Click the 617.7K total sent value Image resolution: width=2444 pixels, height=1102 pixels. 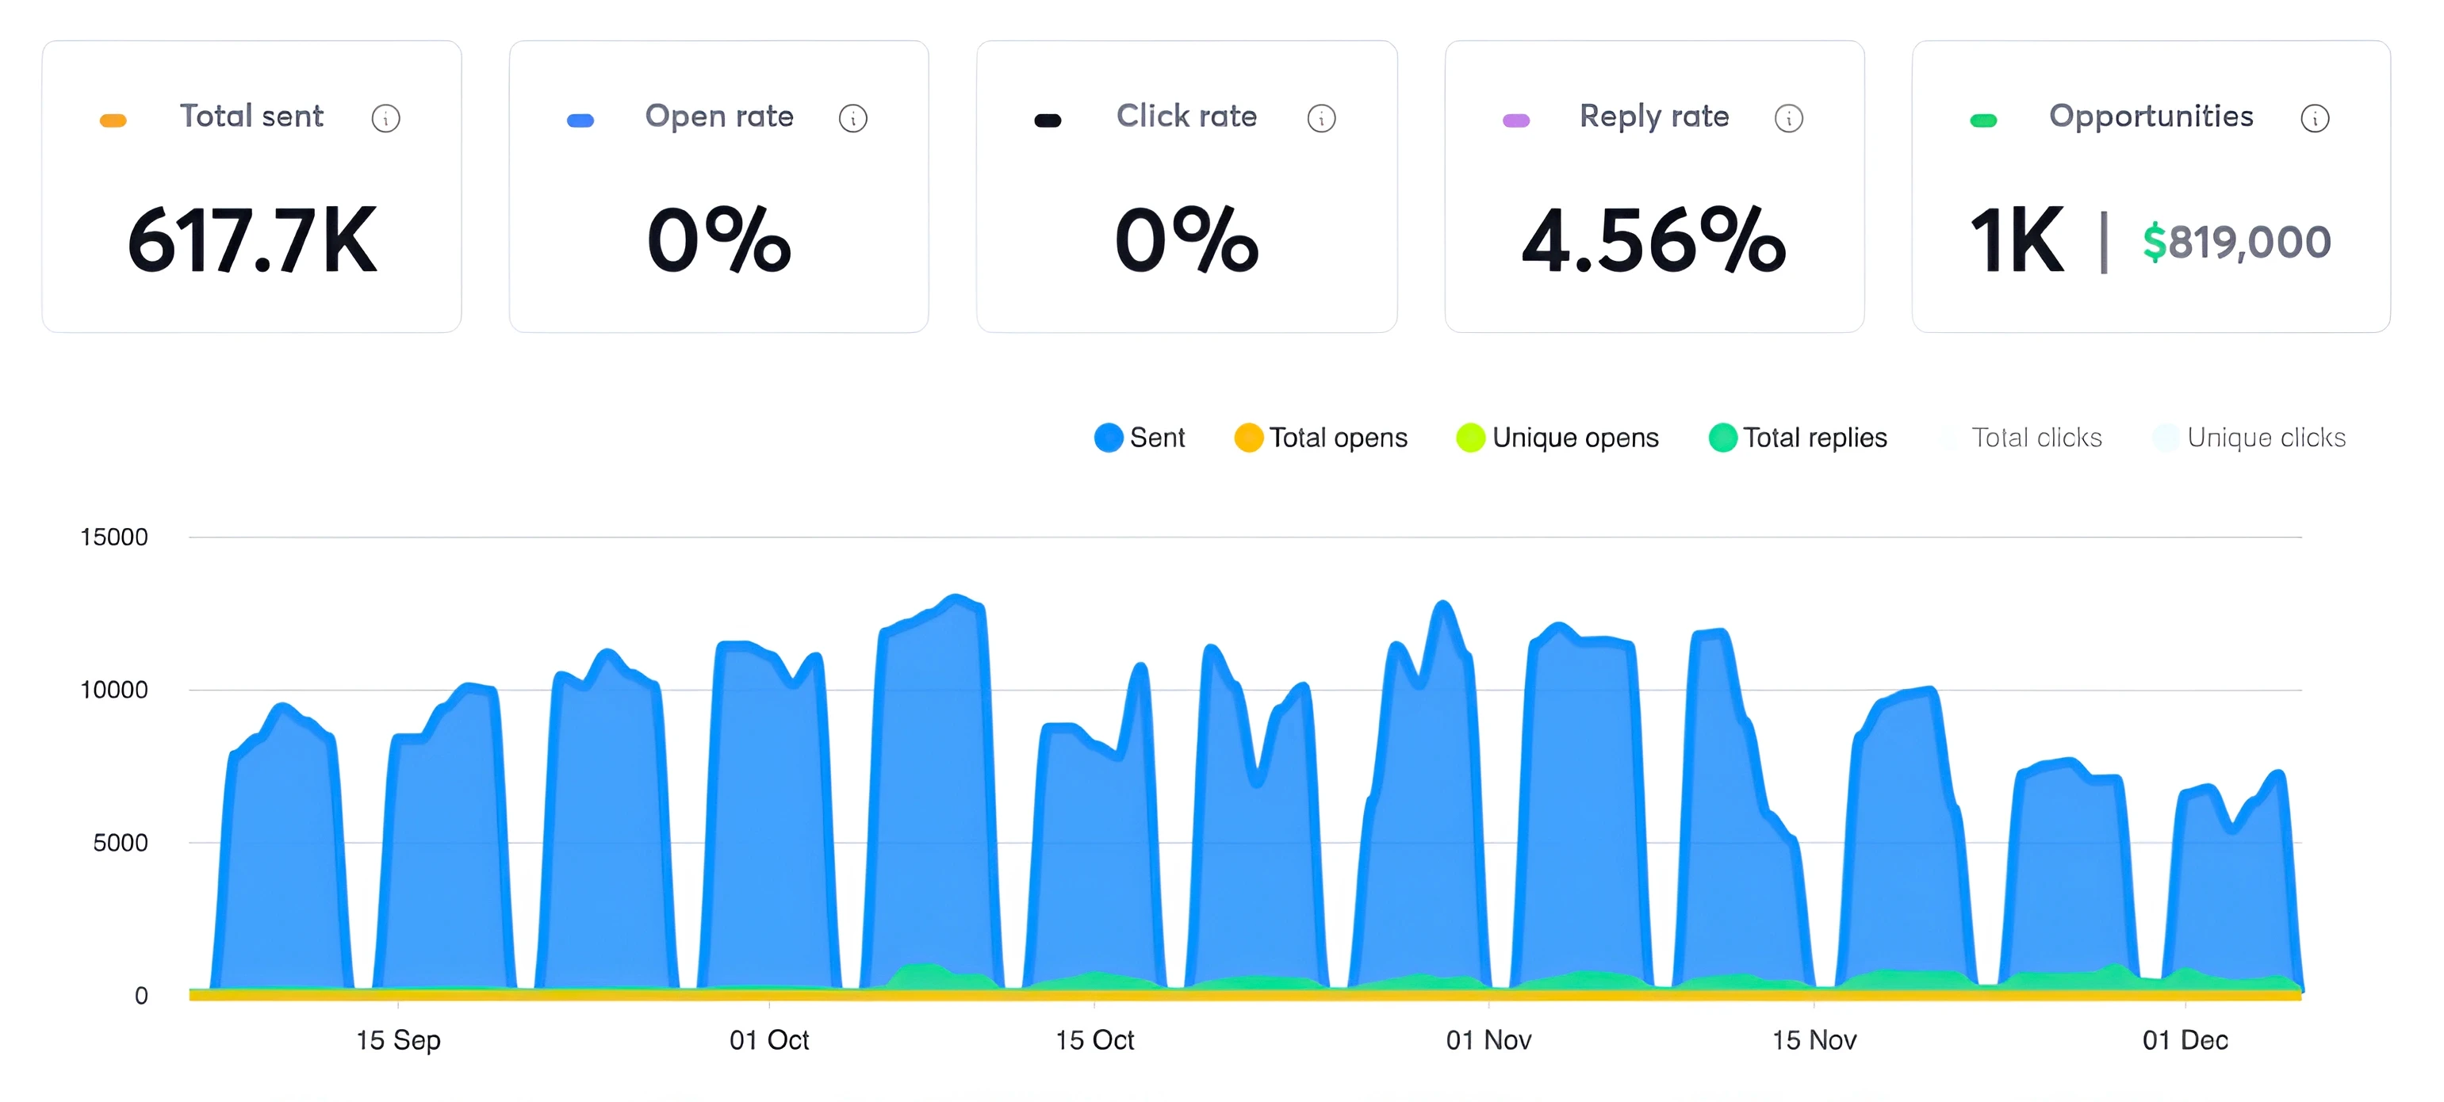[x=252, y=241]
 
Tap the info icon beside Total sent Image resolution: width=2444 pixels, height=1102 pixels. [x=385, y=119]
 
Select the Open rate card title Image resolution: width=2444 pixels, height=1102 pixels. [x=718, y=116]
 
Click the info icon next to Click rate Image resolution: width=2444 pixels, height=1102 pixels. [x=1320, y=119]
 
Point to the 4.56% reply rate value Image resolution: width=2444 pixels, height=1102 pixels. [x=1653, y=241]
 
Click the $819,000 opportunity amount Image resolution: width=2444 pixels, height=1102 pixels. [x=2236, y=242]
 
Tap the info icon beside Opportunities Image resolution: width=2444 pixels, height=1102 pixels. [x=2314, y=119]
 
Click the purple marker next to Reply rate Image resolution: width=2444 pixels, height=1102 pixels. [x=1516, y=121]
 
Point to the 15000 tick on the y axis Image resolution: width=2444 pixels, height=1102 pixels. [x=114, y=537]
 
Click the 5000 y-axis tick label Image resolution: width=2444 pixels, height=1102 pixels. [x=120, y=842]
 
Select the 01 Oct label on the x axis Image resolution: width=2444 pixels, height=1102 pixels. [x=768, y=1039]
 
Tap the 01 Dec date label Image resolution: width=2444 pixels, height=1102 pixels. [x=2184, y=1039]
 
